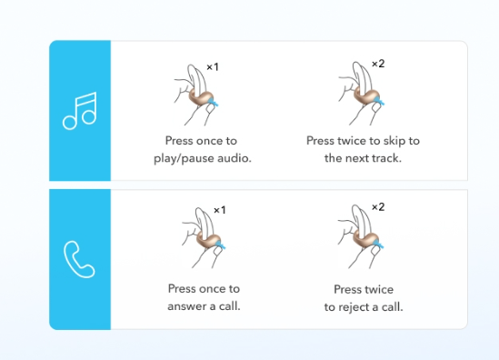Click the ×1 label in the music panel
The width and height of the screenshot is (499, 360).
coord(213,67)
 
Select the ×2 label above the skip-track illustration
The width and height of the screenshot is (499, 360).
coord(378,64)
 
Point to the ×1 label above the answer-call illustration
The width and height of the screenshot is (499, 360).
coord(220,210)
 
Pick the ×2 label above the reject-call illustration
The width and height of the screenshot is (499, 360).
coord(378,207)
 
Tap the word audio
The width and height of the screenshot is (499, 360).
coord(235,158)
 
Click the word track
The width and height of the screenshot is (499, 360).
coord(385,158)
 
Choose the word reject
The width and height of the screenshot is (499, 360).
coord(353,307)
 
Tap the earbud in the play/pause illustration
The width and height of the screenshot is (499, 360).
coord(203,98)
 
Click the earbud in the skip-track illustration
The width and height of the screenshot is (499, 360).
coord(368,96)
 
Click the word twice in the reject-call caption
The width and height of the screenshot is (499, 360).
coord(378,289)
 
